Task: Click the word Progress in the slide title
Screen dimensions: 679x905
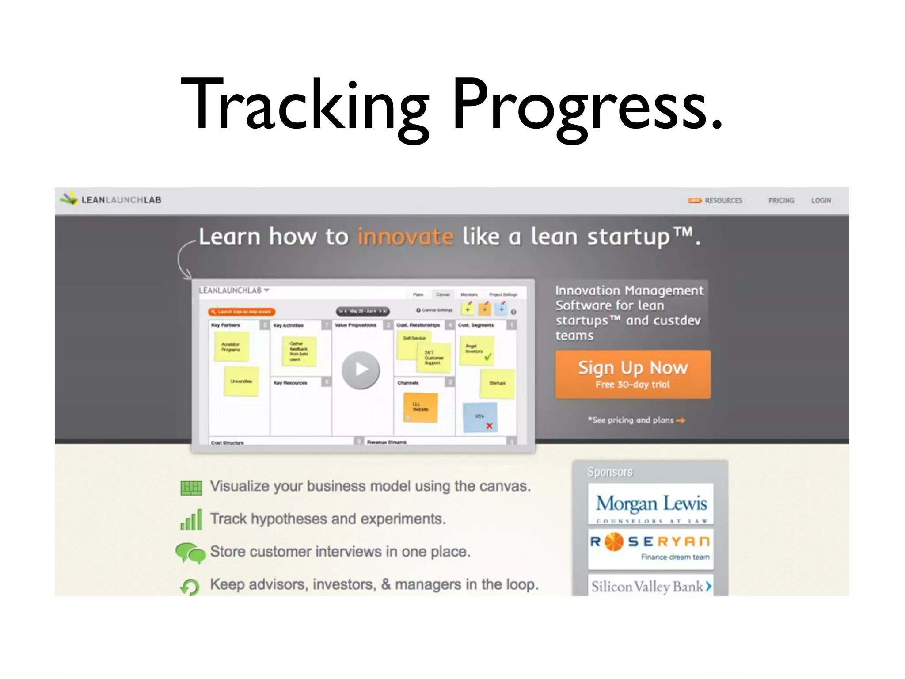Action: pyautogui.click(x=588, y=106)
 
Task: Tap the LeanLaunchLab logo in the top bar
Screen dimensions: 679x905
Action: pyautogui.click(x=111, y=200)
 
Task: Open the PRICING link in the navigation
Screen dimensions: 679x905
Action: pyautogui.click(x=781, y=201)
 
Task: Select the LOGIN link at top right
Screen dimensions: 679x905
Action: pyautogui.click(x=821, y=201)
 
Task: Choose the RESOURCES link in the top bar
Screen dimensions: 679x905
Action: pyautogui.click(x=723, y=201)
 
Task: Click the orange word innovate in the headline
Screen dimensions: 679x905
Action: pyautogui.click(x=405, y=237)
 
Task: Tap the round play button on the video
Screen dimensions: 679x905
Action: pyautogui.click(x=361, y=370)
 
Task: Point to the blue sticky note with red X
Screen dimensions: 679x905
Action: pyautogui.click(x=480, y=417)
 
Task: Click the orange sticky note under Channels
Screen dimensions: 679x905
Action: pyautogui.click(x=420, y=407)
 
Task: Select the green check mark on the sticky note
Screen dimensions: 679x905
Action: pyautogui.click(x=488, y=356)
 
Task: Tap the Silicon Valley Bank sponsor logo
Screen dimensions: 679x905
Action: pyautogui.click(x=650, y=586)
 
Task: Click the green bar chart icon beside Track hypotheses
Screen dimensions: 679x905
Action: pyautogui.click(x=191, y=519)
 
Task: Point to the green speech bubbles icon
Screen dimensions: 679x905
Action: pyautogui.click(x=190, y=553)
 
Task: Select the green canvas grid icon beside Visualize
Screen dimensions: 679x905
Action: pyautogui.click(x=191, y=488)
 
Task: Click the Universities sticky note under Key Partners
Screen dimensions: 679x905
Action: pyautogui.click(x=241, y=381)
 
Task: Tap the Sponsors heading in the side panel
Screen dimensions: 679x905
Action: pyautogui.click(x=610, y=472)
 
